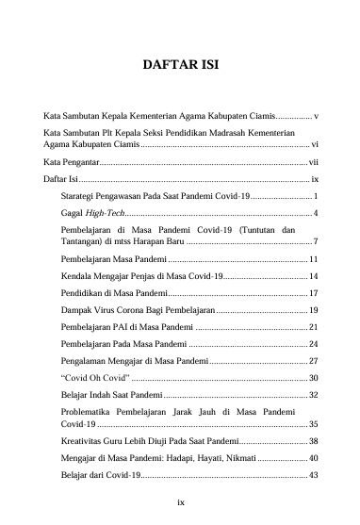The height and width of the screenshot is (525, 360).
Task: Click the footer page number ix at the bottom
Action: coord(180,500)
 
